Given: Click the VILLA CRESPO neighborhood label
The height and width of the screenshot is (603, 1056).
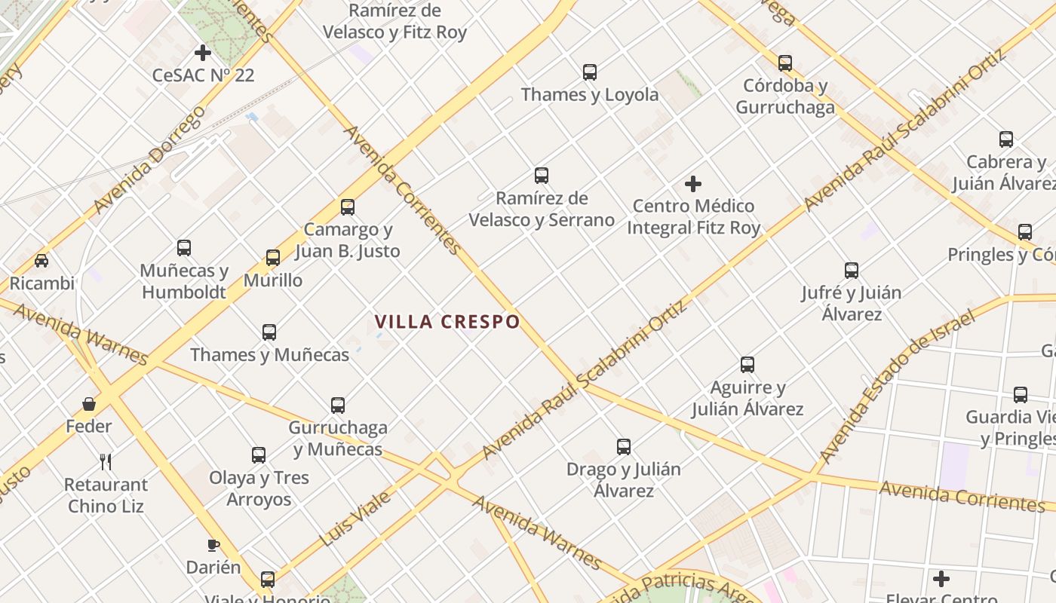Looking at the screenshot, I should coord(447,322).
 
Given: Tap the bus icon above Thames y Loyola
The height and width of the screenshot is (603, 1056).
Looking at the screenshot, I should coord(590,72).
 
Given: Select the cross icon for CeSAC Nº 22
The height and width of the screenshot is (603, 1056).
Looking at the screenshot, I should coord(203,53).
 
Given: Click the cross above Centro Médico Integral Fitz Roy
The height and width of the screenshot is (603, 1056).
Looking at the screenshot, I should coord(693,183).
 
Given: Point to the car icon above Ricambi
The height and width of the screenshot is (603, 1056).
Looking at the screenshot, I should coord(41,261).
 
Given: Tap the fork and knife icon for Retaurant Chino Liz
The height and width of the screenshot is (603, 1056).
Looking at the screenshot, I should coord(106,461).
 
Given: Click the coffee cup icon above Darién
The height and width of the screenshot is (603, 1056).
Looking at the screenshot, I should coord(213,545).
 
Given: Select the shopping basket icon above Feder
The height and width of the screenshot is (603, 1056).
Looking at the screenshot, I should coord(89,404).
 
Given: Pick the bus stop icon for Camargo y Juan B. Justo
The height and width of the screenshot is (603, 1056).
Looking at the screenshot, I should coord(348,207).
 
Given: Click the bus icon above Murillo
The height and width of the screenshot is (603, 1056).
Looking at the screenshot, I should coord(273,258).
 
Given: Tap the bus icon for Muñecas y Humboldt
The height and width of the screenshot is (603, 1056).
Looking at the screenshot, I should coord(184,247).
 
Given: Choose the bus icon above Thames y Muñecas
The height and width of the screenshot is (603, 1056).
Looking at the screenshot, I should coord(269,332).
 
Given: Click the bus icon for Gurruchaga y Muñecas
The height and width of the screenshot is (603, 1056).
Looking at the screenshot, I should coord(338,405).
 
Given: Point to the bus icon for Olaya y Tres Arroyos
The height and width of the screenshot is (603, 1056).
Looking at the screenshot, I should coord(259,455).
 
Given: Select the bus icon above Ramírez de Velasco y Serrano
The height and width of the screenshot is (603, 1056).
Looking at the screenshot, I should coord(542,176).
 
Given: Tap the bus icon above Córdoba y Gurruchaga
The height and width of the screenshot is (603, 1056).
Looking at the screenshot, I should coord(785,63).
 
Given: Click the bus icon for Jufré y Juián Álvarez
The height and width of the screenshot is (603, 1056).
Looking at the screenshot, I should coord(852,270).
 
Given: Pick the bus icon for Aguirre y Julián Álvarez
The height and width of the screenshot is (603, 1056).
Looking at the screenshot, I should coord(747,365).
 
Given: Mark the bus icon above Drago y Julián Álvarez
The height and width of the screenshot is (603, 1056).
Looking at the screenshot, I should coord(624,446).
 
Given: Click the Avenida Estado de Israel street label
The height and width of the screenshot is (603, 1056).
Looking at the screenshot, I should coord(897,385).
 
